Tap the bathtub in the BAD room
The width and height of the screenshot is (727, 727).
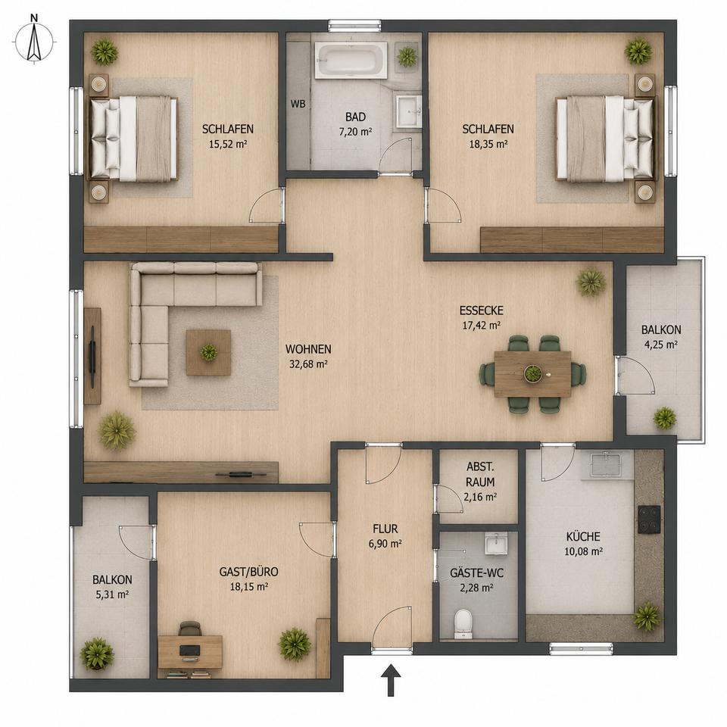click(351, 61)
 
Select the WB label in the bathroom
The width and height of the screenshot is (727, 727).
click(298, 104)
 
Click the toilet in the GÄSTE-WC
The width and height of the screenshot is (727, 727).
click(463, 623)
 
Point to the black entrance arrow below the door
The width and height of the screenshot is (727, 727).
click(391, 680)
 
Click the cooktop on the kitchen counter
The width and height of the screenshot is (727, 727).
click(649, 519)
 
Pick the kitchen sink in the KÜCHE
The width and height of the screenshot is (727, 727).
click(607, 464)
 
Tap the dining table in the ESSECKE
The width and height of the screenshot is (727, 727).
click(532, 373)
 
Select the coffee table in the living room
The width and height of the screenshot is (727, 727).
click(209, 352)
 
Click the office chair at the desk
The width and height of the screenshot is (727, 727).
click(190, 629)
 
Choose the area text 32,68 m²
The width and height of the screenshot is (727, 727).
click(308, 364)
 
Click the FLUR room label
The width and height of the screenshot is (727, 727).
click(385, 529)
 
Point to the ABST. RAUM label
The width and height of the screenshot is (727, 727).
click(480, 474)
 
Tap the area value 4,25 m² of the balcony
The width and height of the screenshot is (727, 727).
click(661, 345)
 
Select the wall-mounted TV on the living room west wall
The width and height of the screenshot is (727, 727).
click(92, 357)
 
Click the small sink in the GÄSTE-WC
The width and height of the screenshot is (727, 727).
click(495, 543)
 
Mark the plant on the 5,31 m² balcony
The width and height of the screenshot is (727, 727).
click(97, 654)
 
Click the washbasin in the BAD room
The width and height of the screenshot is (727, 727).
click(408, 111)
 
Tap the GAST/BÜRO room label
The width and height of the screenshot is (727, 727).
click(248, 572)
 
